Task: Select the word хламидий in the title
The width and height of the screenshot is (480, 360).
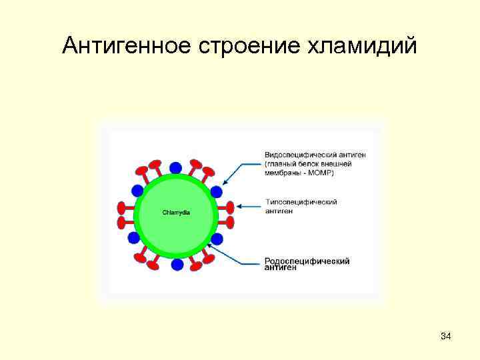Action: point(372,45)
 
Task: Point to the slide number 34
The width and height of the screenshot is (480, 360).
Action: point(446,336)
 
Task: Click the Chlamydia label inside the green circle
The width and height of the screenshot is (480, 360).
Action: point(176,213)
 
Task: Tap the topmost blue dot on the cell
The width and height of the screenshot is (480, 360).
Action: point(175,167)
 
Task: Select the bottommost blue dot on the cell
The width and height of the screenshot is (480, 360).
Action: point(177,265)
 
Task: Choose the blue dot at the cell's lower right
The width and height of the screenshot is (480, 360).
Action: point(217,239)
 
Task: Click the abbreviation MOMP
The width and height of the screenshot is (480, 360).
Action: point(323,173)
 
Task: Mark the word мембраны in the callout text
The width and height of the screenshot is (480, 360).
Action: point(283,173)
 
